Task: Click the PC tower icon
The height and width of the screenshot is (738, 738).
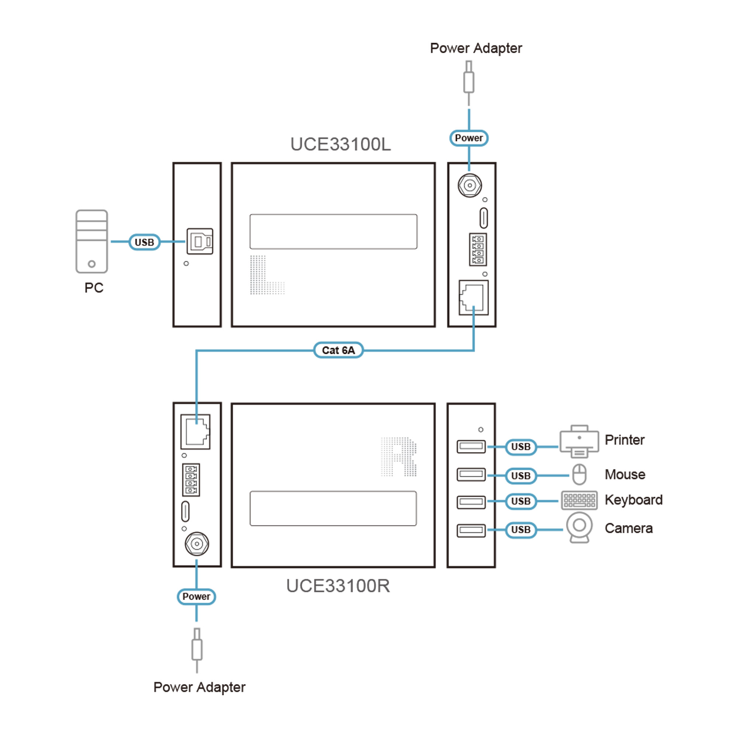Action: coord(92,241)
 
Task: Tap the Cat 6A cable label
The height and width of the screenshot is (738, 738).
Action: coord(338,350)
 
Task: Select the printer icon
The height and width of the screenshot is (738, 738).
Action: coord(579,442)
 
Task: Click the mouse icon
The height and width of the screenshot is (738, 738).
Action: coord(579,475)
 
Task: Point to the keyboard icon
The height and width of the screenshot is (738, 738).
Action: coord(579,500)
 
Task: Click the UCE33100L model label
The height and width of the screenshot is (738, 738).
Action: coord(340,144)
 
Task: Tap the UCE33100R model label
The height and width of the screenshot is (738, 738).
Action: coord(338,586)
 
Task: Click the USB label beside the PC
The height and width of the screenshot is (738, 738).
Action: coord(144,242)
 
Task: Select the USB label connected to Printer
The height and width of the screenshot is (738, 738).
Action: coord(521,446)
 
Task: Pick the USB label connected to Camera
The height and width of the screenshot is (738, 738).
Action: coord(521,530)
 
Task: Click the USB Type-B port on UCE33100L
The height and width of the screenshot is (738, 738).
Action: coord(200,241)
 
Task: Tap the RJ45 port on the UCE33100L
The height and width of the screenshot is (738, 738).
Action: coord(474,298)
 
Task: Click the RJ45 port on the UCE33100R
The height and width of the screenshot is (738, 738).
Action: coord(196,432)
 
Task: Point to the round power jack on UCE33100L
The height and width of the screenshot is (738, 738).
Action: coord(469,186)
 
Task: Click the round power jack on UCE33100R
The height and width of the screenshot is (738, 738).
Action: coord(197,544)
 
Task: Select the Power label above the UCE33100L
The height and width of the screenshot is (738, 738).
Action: coord(469,138)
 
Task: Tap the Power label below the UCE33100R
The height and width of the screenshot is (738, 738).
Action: coord(196,597)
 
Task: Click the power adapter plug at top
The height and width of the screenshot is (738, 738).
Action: coord(469,80)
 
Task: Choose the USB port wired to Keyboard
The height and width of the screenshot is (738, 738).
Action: coord(471,501)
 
